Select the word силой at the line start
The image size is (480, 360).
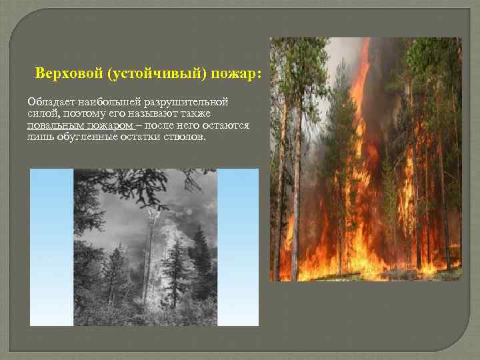click(x=40, y=113)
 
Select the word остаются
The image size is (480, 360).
click(x=227, y=125)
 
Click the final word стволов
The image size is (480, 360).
click(x=187, y=137)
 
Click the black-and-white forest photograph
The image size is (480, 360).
click(x=145, y=247)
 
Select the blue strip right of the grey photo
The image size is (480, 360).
click(x=239, y=247)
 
